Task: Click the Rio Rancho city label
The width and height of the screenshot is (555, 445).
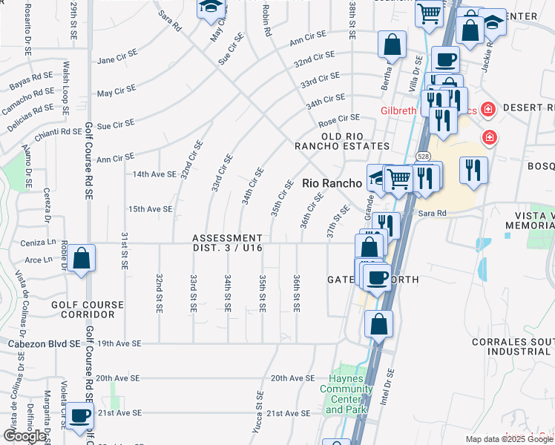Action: [332, 183]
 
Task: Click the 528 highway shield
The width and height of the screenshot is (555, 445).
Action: [422, 156]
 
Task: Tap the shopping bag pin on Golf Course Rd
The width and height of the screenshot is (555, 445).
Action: [83, 260]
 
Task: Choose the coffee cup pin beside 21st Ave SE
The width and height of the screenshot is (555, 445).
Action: [79, 416]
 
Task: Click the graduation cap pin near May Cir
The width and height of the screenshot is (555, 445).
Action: [210, 7]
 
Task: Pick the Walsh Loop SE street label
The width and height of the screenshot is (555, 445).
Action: [66, 88]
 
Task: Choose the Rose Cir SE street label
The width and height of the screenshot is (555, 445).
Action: [338, 118]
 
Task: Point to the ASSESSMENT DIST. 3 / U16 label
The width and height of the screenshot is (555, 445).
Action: [228, 243]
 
